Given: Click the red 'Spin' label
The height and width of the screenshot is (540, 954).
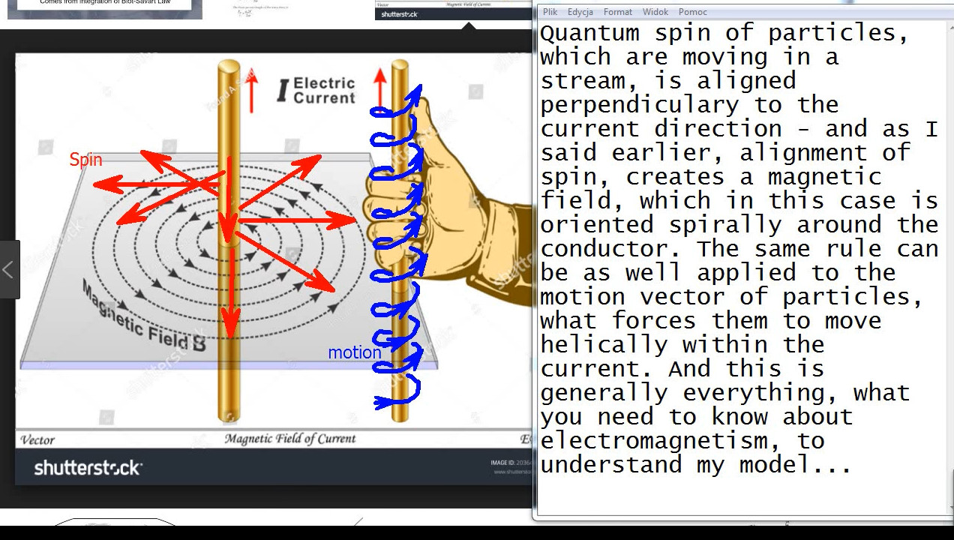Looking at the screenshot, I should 85,160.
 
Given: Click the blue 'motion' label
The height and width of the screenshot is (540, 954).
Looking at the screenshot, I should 354,352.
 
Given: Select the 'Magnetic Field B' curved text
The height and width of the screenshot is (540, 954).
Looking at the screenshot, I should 142,319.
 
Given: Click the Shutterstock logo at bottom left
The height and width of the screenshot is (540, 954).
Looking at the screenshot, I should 88,468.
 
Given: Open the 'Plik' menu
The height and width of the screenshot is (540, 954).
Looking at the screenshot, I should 550,12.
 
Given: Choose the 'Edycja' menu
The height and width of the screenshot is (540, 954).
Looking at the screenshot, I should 580,12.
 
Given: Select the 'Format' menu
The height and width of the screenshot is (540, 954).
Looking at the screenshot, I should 618,12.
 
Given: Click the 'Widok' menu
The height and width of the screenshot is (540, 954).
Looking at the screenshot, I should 655,12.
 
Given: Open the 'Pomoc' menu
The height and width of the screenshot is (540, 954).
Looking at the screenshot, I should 692,12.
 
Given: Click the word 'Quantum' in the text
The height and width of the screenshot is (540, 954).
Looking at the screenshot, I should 589,34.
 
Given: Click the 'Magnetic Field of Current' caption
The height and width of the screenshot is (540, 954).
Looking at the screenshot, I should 290,439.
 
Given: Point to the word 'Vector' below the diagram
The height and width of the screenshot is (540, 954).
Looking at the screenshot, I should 37,440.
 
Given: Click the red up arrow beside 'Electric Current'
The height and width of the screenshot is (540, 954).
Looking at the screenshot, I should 252,90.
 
